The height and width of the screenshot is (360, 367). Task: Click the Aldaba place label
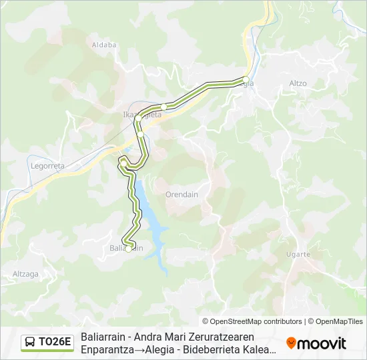point(103,45)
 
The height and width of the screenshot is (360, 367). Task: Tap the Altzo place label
point(298,83)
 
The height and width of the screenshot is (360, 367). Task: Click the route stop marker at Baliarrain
point(128,249)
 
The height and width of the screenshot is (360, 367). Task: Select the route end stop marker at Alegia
point(246,80)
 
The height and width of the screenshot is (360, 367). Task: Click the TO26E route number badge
point(55,343)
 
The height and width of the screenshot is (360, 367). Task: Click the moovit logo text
point(322,343)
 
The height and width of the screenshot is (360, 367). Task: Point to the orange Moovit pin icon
point(291,343)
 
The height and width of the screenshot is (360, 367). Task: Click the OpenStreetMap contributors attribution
point(252,321)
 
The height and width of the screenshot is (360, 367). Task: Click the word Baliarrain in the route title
point(103,337)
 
